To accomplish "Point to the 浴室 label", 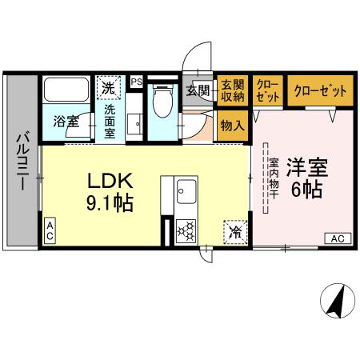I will (x=66, y=122).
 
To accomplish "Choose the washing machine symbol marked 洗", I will (x=107, y=86).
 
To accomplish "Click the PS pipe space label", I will (x=136, y=81).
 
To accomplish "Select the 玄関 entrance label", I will (x=198, y=90).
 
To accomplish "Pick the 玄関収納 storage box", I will (x=233, y=90).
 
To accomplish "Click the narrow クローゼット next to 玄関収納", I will (x=267, y=90).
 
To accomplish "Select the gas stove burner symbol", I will (x=186, y=231).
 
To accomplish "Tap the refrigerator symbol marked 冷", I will (x=235, y=230).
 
